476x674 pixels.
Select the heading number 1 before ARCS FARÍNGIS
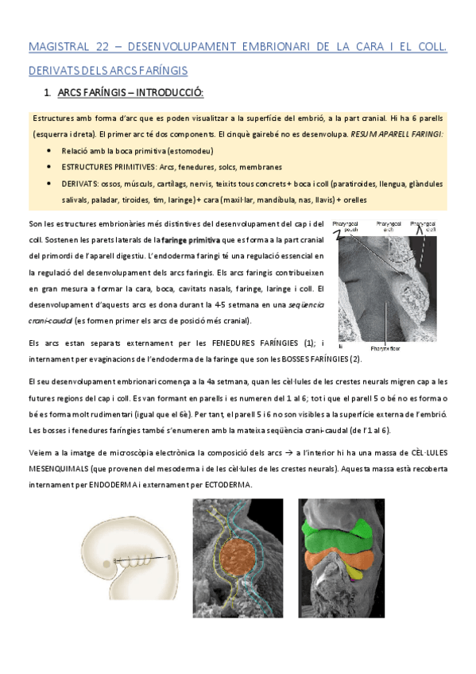coord(49,95)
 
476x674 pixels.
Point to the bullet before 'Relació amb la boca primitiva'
coord(51,149)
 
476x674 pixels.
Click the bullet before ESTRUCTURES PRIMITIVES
coord(51,167)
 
